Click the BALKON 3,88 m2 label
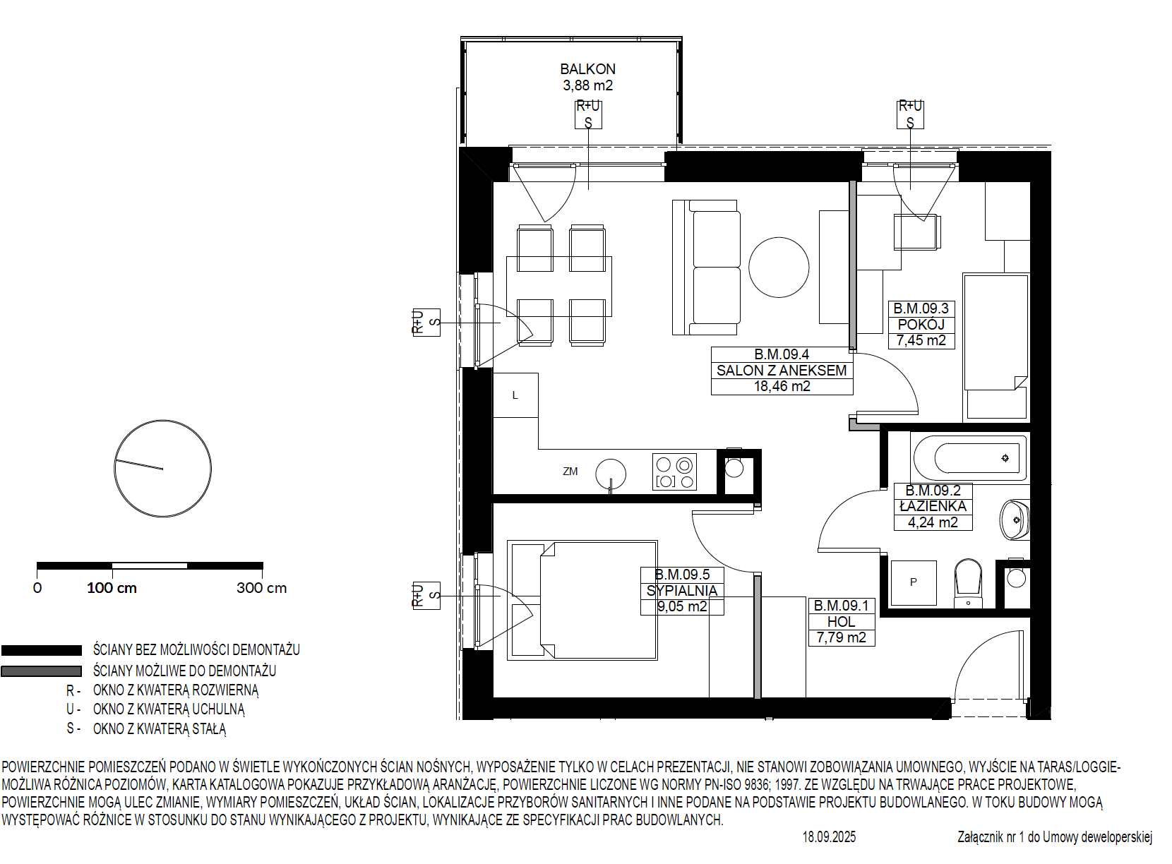(x=587, y=77)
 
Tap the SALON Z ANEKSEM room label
(x=782, y=371)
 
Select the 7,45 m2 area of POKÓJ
(x=921, y=340)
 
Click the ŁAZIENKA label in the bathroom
(x=933, y=506)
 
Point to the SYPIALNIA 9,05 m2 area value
(x=682, y=606)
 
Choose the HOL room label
(x=842, y=622)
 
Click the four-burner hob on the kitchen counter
(x=674, y=472)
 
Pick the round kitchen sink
(x=611, y=474)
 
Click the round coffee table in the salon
(x=779, y=268)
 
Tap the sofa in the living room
(x=706, y=268)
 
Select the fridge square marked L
(x=515, y=395)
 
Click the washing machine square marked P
(x=914, y=582)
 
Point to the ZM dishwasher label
(x=570, y=472)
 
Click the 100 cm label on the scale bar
(x=112, y=588)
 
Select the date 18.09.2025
(x=830, y=837)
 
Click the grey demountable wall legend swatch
(x=42, y=671)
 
